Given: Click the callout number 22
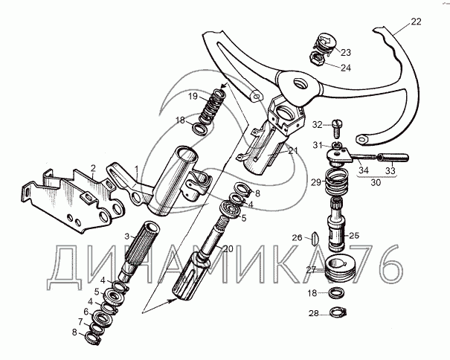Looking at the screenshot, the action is coord(416,22).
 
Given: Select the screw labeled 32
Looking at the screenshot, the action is coord(336,129).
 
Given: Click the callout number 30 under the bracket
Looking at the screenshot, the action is coord(376,182).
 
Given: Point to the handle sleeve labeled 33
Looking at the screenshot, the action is coord(393,158).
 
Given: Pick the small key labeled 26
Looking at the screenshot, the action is coord(314,238).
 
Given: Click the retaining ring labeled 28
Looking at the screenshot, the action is coord(338,312).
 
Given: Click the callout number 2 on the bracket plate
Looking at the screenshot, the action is coord(92,168).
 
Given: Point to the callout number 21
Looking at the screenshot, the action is coord(293,151).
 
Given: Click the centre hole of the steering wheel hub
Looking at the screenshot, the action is coord(300,83).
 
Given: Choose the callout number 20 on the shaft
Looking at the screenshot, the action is coord(228,249).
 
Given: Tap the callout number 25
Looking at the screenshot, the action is coord(354,236).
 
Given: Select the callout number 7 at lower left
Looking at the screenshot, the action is coord(80,321).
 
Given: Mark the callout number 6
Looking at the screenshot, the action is coord(86,312).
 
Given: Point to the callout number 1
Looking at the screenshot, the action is coord(137,169).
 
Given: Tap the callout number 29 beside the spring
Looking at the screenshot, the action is coord(316,182).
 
